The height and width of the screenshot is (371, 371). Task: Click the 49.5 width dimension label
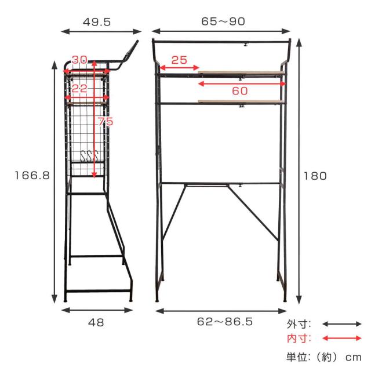97,22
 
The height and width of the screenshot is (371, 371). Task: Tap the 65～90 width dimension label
223,21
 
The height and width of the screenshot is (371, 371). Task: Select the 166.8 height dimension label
32,176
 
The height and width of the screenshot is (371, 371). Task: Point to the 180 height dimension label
315,176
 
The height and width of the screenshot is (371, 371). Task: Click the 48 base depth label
96,322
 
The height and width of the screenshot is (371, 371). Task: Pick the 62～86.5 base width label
225,322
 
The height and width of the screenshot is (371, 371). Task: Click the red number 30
80,60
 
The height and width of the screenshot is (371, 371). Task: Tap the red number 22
79,89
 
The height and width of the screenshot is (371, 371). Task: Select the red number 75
106,121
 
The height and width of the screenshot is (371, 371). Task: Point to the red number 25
179,60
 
